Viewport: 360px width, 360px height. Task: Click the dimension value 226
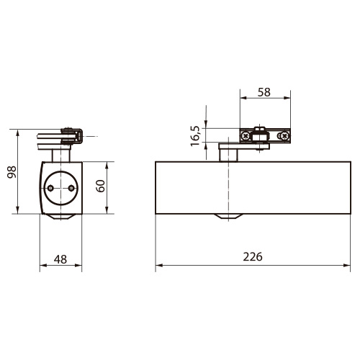click(x=253, y=257)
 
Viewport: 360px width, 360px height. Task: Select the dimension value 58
click(x=264, y=92)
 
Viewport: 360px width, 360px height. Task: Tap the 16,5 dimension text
click(x=195, y=136)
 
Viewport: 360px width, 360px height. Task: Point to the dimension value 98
click(x=12, y=172)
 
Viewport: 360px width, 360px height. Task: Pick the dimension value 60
click(x=100, y=186)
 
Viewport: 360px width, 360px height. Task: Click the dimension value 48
click(x=60, y=259)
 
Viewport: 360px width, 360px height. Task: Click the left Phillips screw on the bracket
click(x=246, y=136)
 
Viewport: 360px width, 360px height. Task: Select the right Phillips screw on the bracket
click(x=285, y=136)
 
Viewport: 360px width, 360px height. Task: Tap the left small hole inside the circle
click(x=50, y=188)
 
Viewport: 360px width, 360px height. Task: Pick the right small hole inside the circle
click(x=71, y=188)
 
